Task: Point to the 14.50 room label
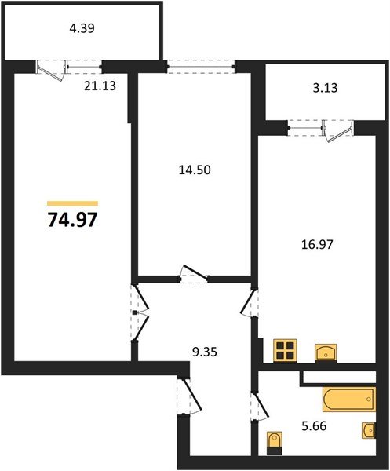(194, 169)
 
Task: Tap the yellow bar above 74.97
(72, 203)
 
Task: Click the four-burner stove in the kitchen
(284, 349)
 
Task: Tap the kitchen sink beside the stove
(326, 352)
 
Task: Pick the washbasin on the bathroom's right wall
(369, 430)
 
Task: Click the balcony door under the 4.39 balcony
(53, 69)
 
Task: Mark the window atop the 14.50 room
(202, 67)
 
